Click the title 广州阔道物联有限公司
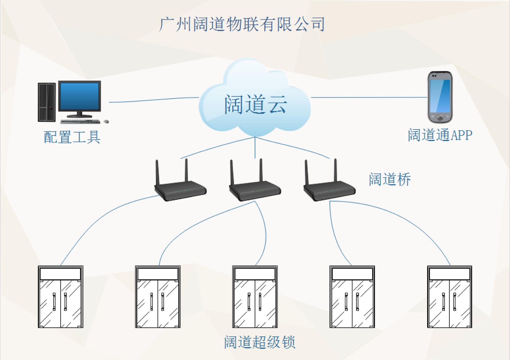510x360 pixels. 242,24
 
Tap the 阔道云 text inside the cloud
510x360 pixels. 255,104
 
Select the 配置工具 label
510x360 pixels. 72,137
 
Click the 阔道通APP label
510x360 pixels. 440,135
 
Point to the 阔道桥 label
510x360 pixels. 390,179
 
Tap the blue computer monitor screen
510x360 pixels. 80,96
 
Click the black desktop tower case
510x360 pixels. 47,102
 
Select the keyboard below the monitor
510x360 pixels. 80,121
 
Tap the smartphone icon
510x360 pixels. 440,97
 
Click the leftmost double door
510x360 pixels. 60,297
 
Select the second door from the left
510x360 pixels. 158,297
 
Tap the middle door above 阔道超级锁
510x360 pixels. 255,297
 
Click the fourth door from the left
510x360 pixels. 352,297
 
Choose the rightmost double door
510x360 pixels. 450,297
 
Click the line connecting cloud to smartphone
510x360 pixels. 369,97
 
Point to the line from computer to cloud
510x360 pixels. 154,99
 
